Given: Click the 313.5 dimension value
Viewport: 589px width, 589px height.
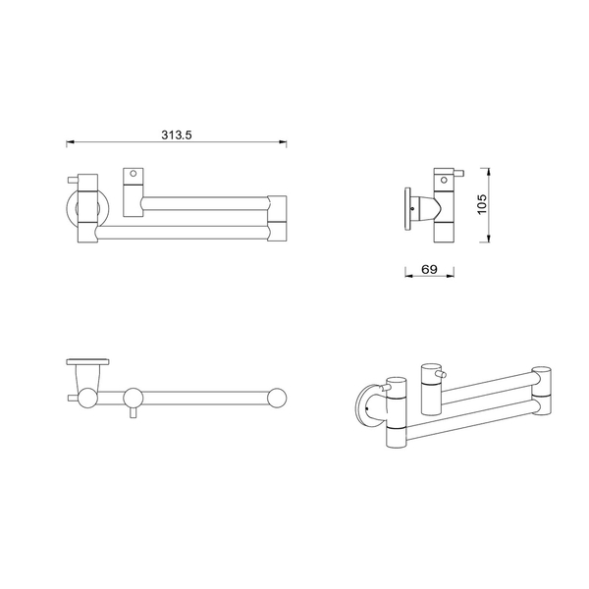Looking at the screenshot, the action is coord(176,134).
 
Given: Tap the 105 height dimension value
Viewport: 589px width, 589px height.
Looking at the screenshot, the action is coord(482,205).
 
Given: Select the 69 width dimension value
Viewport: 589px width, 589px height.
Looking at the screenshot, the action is coord(429,269).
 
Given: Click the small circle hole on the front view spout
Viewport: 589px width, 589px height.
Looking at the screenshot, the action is coord(133,174).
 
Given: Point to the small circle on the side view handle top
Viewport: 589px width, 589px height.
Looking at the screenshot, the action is coord(444,180).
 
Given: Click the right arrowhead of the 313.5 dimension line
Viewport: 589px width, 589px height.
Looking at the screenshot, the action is coord(283,142).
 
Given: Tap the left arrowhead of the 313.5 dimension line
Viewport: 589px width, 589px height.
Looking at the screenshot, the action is coord(71,142).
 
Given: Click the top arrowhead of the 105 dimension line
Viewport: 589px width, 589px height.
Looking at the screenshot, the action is coord(488,173).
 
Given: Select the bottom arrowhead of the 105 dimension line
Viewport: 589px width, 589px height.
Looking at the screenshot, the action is coord(488,238).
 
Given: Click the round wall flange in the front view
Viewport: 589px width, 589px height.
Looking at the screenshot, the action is coord(69,208).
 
